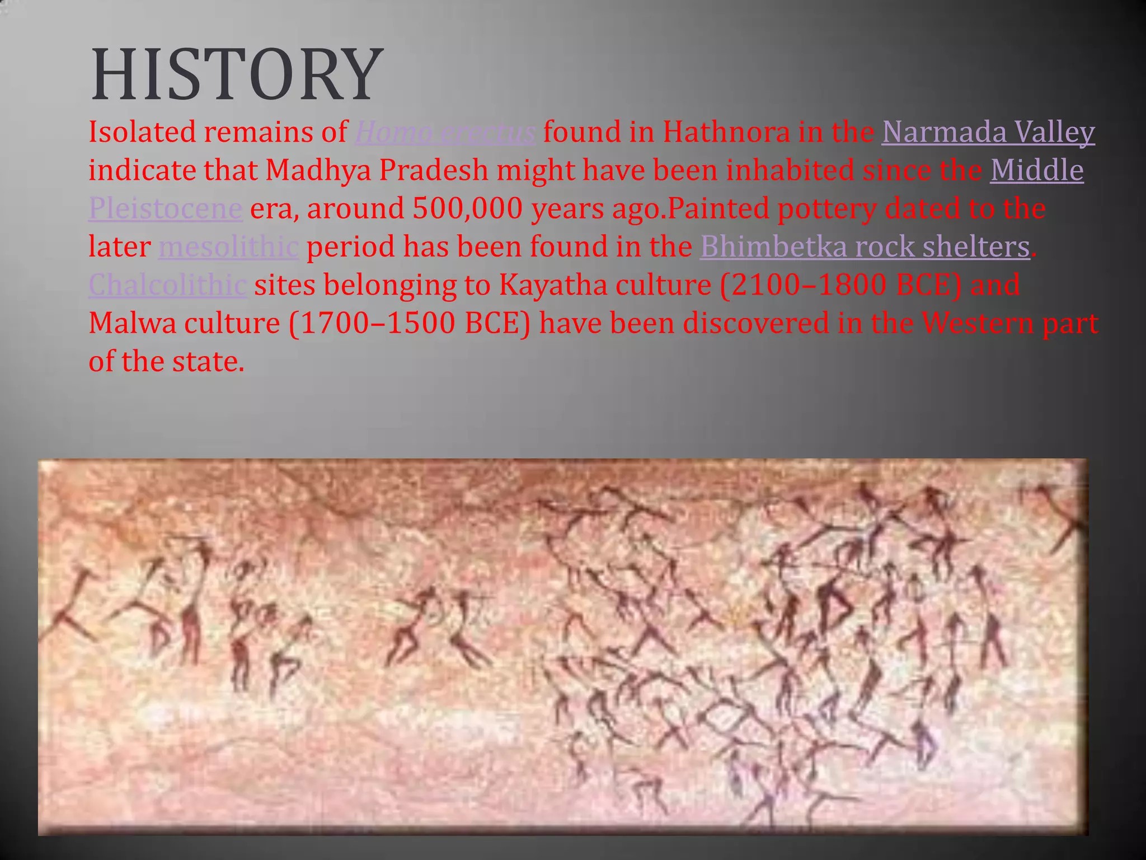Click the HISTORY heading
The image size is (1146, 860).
pos(236,75)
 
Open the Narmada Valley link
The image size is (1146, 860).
pos(988,133)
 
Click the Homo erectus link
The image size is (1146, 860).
pos(445,133)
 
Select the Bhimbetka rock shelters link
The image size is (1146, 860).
pos(865,247)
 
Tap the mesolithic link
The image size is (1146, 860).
pos(228,247)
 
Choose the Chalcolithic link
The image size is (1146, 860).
pos(167,285)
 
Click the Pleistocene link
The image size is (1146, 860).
pos(165,209)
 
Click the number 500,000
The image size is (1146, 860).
pos(467,209)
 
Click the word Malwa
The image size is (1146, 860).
pos(132,323)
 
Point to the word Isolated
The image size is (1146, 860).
pos(142,133)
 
